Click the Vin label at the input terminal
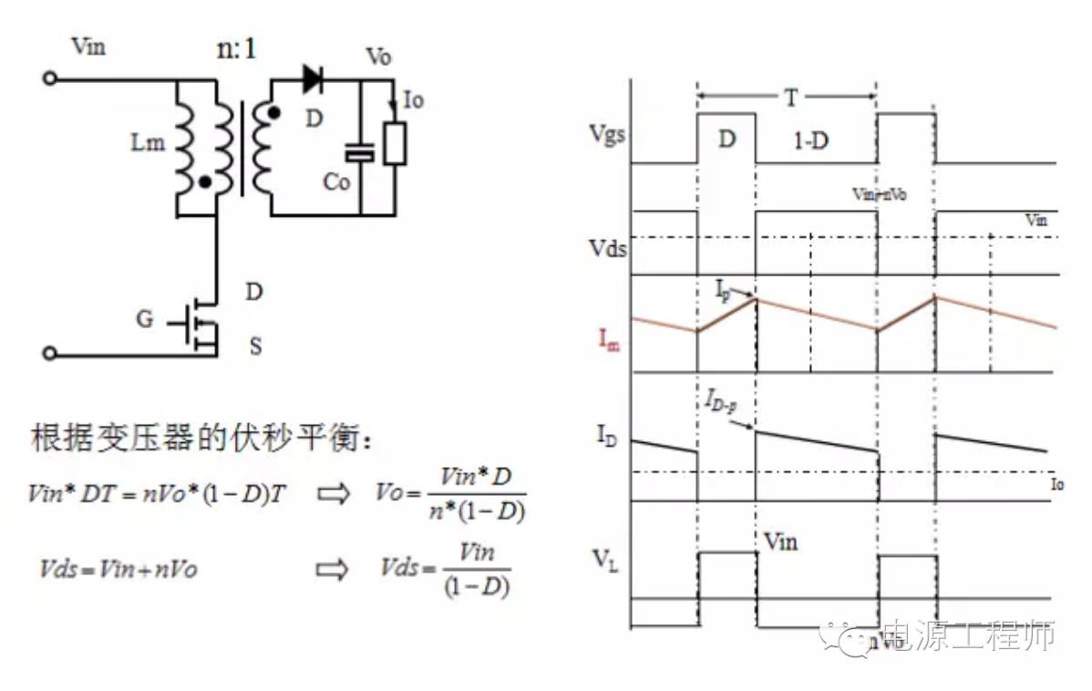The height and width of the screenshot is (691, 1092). [88, 46]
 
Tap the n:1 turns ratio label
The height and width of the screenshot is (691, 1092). [235, 47]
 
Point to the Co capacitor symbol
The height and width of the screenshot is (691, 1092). [362, 152]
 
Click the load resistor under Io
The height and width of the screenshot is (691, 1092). [394, 144]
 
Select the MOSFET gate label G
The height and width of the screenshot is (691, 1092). [145, 319]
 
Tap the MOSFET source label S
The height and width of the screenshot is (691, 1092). [255, 347]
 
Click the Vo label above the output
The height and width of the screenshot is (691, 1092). [378, 57]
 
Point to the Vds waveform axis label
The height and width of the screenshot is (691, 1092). [607, 247]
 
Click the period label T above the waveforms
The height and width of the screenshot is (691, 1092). [790, 96]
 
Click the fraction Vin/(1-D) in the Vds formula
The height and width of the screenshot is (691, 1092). [477, 570]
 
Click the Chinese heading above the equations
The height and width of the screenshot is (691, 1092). [201, 438]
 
